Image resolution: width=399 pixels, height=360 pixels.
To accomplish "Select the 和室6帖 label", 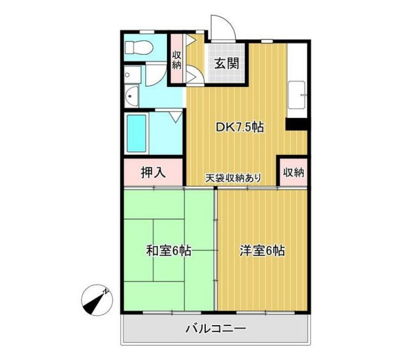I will coord(168,251).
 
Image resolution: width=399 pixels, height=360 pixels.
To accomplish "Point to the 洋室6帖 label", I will coord(262,251).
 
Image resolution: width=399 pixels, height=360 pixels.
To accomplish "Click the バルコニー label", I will coord(215,330).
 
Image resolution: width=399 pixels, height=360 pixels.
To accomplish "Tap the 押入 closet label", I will coord(153,172).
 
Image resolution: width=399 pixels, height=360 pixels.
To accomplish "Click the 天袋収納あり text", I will coord(233,178).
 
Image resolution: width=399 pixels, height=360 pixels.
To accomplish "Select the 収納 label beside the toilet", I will coord(176,59).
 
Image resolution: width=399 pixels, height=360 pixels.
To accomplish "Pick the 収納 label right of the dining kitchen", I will coord(294,172).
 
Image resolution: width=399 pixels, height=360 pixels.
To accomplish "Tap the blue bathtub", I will coord(136,133).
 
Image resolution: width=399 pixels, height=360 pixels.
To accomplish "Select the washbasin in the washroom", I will coord(132,97).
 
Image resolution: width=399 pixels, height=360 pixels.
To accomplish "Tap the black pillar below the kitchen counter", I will coord(296,125).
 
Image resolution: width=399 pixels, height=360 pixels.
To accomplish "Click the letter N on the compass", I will coord(106,291).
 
